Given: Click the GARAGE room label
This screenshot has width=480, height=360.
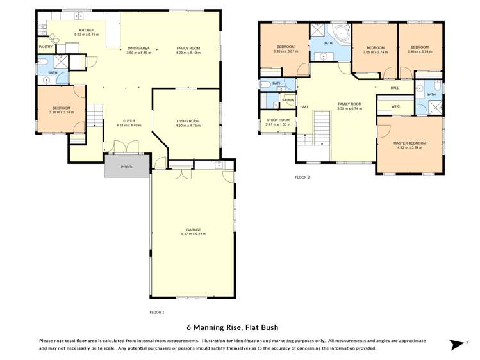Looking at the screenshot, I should pyautogui.click(x=194, y=229).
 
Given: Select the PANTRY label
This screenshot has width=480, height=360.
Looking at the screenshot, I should pyautogui.click(x=46, y=47).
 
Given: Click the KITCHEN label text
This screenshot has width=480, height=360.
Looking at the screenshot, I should pyautogui.click(x=87, y=30).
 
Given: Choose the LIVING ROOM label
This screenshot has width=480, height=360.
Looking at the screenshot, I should pyautogui.click(x=188, y=120).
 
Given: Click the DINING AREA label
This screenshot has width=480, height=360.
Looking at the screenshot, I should pyautogui.click(x=138, y=48).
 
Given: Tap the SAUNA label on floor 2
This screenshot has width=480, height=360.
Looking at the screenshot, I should pyautogui.click(x=288, y=101).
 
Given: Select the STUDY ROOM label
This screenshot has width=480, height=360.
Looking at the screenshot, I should pyautogui.click(x=277, y=120).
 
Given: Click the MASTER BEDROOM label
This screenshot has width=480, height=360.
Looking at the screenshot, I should pyautogui.click(x=410, y=143).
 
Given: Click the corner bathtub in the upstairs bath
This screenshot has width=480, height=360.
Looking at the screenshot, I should pyautogui.click(x=338, y=34).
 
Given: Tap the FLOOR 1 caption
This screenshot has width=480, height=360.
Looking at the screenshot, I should pyautogui.click(x=156, y=312).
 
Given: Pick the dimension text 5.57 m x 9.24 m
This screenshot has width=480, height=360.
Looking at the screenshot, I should pyautogui.click(x=194, y=234).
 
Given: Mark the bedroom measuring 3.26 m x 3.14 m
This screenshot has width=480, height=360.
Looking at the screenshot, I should pyautogui.click(x=62, y=110).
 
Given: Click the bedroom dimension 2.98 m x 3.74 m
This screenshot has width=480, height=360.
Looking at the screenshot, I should pyautogui.click(x=420, y=51).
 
